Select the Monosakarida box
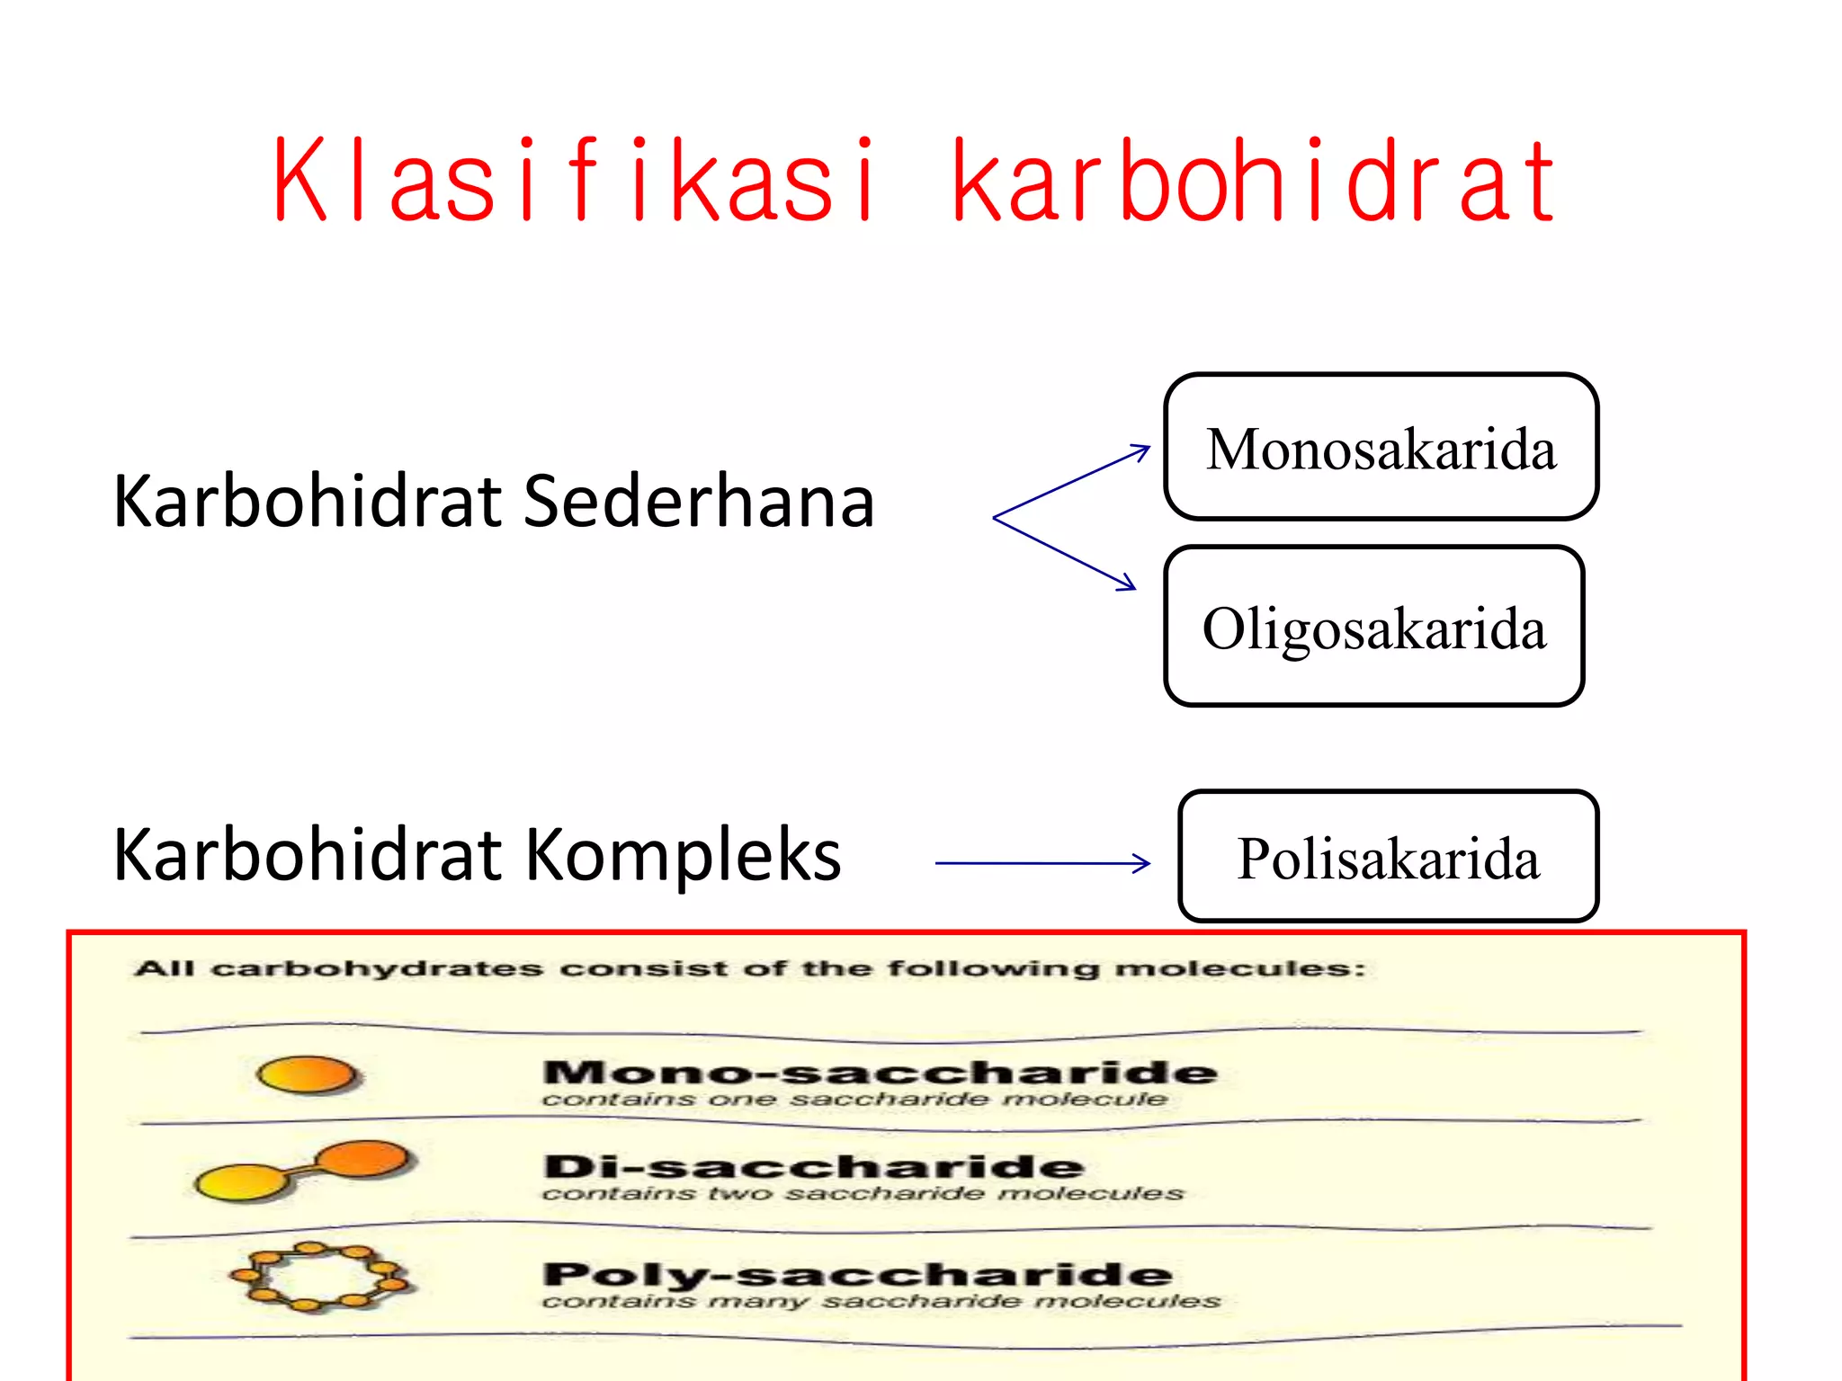coord(1381,448)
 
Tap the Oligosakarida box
coord(1373,627)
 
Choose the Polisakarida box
coord(1388,857)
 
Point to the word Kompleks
coord(684,855)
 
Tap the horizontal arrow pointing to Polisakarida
coord(1043,863)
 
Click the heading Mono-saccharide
coord(880,1072)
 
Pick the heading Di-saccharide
coord(814,1166)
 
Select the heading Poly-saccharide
coord(857,1274)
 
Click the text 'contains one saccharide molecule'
coord(854,1100)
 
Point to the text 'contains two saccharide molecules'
coord(863,1194)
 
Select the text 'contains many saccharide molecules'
coord(881,1302)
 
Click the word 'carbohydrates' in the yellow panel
coord(377,969)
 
